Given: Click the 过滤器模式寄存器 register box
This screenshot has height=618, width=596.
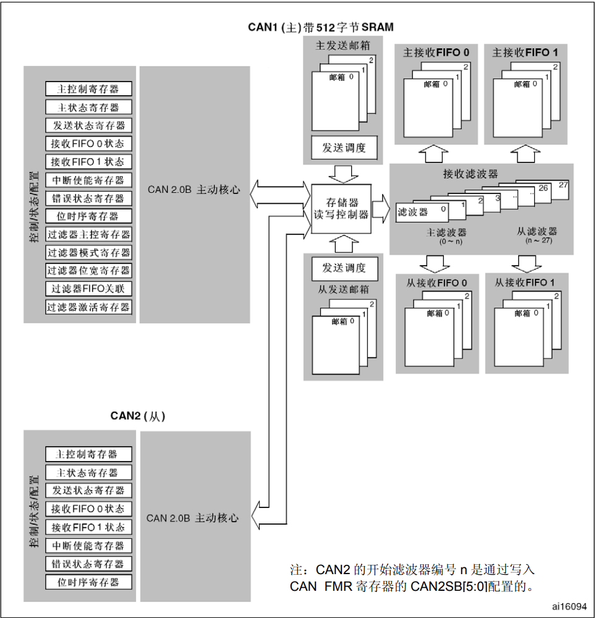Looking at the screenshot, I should pyautogui.click(x=88, y=252).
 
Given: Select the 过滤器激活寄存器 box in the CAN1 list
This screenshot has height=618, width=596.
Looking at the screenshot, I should pyautogui.click(x=88, y=307).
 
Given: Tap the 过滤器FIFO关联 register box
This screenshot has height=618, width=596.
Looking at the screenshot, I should pyautogui.click(x=88, y=289).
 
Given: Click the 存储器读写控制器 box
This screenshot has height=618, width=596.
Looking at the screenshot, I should pyautogui.click(x=341, y=208).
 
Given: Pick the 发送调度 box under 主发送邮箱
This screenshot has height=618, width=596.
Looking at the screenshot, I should pyautogui.click(x=344, y=148).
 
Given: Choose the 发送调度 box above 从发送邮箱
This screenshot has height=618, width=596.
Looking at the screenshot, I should pyautogui.click(x=344, y=268).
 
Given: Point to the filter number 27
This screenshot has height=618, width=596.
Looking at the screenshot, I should pyautogui.click(x=562, y=185).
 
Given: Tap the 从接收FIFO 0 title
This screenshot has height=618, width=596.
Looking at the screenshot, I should pyautogui.click(x=436, y=283).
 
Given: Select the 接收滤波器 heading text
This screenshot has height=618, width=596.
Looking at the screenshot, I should pyautogui.click(x=470, y=174).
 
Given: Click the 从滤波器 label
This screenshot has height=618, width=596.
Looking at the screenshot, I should pyautogui.click(x=536, y=231).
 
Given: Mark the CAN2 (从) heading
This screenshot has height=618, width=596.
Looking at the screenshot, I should pyautogui.click(x=137, y=416).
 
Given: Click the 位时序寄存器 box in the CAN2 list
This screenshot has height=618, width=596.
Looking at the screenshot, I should pyautogui.click(x=88, y=582).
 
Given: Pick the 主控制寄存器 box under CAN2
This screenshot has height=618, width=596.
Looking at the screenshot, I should pyautogui.click(x=88, y=454).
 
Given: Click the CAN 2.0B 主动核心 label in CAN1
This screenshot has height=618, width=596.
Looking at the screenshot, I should pyautogui.click(x=194, y=190).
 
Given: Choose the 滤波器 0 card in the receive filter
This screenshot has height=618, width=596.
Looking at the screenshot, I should pyautogui.click(x=420, y=212).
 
